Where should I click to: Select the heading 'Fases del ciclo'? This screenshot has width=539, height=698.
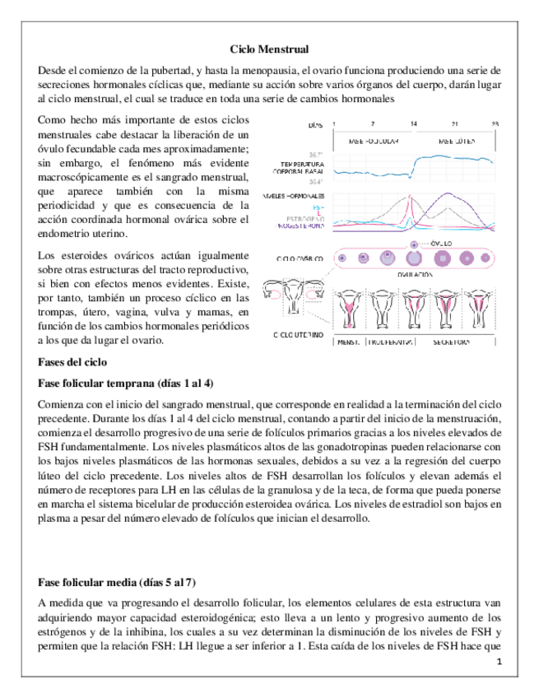click(x=72, y=361)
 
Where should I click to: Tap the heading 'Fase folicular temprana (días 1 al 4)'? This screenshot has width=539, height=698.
click(x=125, y=383)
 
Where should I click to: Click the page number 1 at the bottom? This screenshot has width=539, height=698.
click(x=499, y=663)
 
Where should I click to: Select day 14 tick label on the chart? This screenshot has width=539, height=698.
click(x=413, y=124)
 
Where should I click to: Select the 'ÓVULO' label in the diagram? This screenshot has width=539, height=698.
click(x=444, y=244)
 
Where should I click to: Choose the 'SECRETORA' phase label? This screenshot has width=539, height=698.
click(x=453, y=341)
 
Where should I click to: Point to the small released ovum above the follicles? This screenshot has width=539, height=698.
click(x=414, y=244)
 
